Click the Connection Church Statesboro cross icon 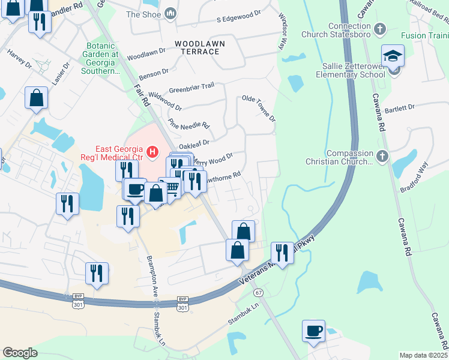379,28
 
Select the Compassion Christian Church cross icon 382,157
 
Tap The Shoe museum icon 170,14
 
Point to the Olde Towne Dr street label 258,107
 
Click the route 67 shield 259,292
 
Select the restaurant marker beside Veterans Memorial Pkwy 282,252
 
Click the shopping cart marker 170,189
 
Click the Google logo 20,353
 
